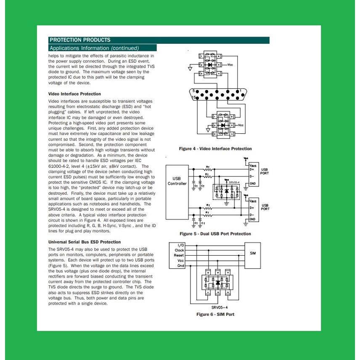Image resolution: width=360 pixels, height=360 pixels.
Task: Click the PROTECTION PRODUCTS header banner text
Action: tap(80, 40)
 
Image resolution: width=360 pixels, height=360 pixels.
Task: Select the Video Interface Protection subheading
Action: tap(74, 94)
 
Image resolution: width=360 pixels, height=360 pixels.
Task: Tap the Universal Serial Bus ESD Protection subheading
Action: tap(85, 242)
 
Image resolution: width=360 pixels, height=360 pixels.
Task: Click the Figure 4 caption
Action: tap(215, 148)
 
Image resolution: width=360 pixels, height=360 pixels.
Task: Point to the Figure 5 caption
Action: tap(215, 234)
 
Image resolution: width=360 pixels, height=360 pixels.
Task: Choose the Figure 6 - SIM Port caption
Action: tap(215, 314)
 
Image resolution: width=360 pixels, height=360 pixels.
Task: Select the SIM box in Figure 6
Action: tap(252, 253)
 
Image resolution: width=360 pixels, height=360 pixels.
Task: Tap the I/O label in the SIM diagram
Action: tap(181, 245)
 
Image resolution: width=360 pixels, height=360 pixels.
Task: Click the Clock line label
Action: tap(180, 250)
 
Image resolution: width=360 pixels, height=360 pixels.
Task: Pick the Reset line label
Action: tap(179, 255)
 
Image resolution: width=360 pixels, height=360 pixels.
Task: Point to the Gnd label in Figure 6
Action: tap(180, 266)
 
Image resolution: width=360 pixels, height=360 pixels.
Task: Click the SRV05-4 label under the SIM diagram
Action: tap(215, 307)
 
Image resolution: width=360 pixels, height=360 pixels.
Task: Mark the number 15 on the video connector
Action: tap(193, 98)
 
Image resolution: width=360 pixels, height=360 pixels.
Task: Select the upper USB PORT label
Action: tap(265, 172)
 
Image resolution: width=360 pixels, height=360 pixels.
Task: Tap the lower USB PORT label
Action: tap(265, 207)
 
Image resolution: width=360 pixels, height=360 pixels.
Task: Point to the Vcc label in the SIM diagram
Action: tap(180, 261)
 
